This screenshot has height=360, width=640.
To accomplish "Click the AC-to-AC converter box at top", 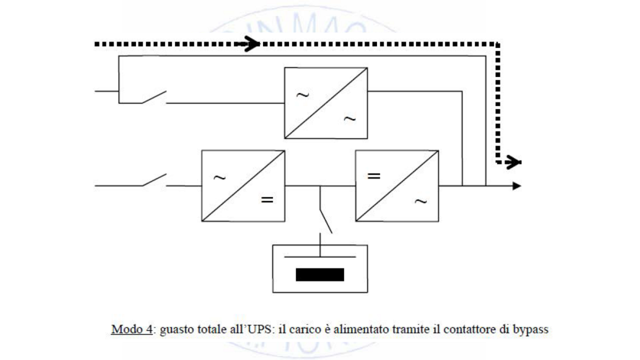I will pos(326,102).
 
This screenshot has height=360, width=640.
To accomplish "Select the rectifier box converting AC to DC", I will pos(243,185).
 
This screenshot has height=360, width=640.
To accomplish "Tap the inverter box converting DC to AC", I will pos(397,185).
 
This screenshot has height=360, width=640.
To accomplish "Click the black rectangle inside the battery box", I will pos(320,274).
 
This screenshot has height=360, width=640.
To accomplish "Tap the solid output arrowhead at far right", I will pos(517,186).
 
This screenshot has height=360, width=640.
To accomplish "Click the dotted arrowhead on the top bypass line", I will pos(252,44).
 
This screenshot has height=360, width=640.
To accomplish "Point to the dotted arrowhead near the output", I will pos(515,161).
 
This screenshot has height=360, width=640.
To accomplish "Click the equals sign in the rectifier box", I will pos(267,200).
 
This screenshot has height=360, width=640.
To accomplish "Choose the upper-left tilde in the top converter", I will pos(303,95).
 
